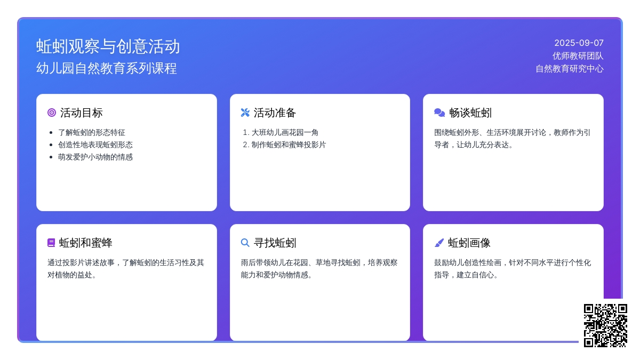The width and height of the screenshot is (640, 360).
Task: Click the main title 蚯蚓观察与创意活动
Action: (x=108, y=46)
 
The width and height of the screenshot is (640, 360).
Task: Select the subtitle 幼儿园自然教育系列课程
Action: (x=107, y=69)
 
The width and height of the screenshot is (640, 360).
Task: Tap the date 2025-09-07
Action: (x=579, y=43)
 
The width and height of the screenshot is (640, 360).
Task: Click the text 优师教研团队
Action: (x=578, y=55)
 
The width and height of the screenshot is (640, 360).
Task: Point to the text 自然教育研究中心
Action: (x=570, y=69)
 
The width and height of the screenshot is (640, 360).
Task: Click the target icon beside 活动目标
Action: (x=52, y=113)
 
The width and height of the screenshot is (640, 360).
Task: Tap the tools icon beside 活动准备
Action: (x=245, y=113)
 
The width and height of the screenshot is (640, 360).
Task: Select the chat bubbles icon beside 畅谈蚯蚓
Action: (x=439, y=113)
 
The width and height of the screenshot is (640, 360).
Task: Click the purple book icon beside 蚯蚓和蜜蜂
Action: (x=51, y=243)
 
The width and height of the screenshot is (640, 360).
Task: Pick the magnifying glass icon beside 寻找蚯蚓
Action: (x=245, y=243)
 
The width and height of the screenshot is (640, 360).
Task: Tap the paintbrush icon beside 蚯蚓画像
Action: (x=439, y=243)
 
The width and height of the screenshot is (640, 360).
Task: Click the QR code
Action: (x=605, y=325)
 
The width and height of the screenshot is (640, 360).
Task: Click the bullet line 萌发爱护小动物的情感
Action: (x=95, y=157)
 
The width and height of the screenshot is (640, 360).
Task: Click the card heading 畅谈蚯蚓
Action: (x=470, y=113)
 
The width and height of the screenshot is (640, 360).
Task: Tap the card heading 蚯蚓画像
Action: (x=469, y=243)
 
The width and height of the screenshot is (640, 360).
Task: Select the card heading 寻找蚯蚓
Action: (x=275, y=243)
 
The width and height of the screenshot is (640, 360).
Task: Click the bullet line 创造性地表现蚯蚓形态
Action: (x=95, y=145)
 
